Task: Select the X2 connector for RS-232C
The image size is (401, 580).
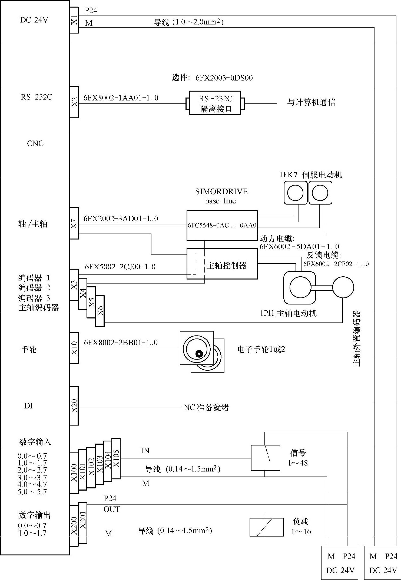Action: tap(74, 102)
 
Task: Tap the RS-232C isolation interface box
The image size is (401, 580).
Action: tap(215, 103)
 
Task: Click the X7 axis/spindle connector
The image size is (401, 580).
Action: tap(74, 223)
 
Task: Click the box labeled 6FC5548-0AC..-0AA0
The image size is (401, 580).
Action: tap(222, 225)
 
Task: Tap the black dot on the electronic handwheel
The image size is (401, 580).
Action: tap(199, 354)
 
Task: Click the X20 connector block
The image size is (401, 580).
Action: tap(74, 406)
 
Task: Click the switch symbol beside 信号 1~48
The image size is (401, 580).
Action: tap(265, 458)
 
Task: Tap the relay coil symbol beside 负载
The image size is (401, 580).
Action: tap(266, 527)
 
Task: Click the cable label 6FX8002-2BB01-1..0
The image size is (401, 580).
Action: tap(121, 343)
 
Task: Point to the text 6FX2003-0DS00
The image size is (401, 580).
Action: tap(224, 78)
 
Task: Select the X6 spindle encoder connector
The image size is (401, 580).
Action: tap(100, 311)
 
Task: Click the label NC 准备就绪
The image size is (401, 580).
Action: tap(206, 407)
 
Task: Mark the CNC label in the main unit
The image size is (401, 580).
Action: tap(35, 143)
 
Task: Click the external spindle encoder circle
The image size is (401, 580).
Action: tap(343, 287)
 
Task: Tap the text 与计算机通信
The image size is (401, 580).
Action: tap(311, 102)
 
